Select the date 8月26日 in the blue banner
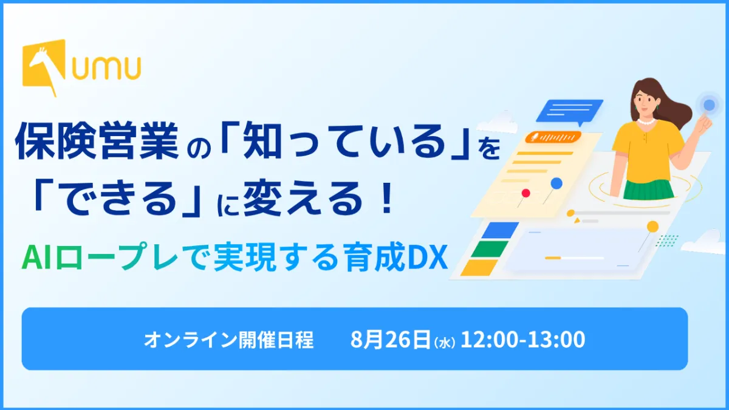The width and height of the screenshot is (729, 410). point(390,339)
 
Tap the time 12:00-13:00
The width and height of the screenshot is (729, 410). point(522,340)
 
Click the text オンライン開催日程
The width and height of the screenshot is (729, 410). point(228,340)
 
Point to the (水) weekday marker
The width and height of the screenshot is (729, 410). point(444,343)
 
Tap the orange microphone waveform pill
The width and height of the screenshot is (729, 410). point(553,137)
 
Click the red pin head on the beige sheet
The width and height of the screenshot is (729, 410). point(525,193)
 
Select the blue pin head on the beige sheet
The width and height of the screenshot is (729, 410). point(556,183)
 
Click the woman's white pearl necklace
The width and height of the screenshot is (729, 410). point(646,121)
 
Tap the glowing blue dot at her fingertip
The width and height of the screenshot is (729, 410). point(709,104)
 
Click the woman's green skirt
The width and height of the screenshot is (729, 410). point(648,189)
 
